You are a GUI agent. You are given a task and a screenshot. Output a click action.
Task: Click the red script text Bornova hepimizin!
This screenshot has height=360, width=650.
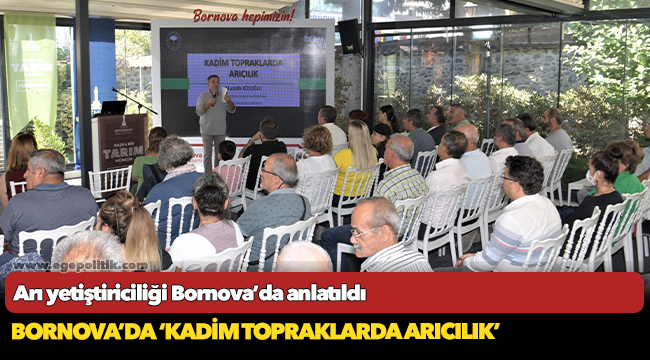(244, 15)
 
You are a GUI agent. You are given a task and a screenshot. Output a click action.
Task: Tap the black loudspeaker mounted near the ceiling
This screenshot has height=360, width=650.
(349, 36)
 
